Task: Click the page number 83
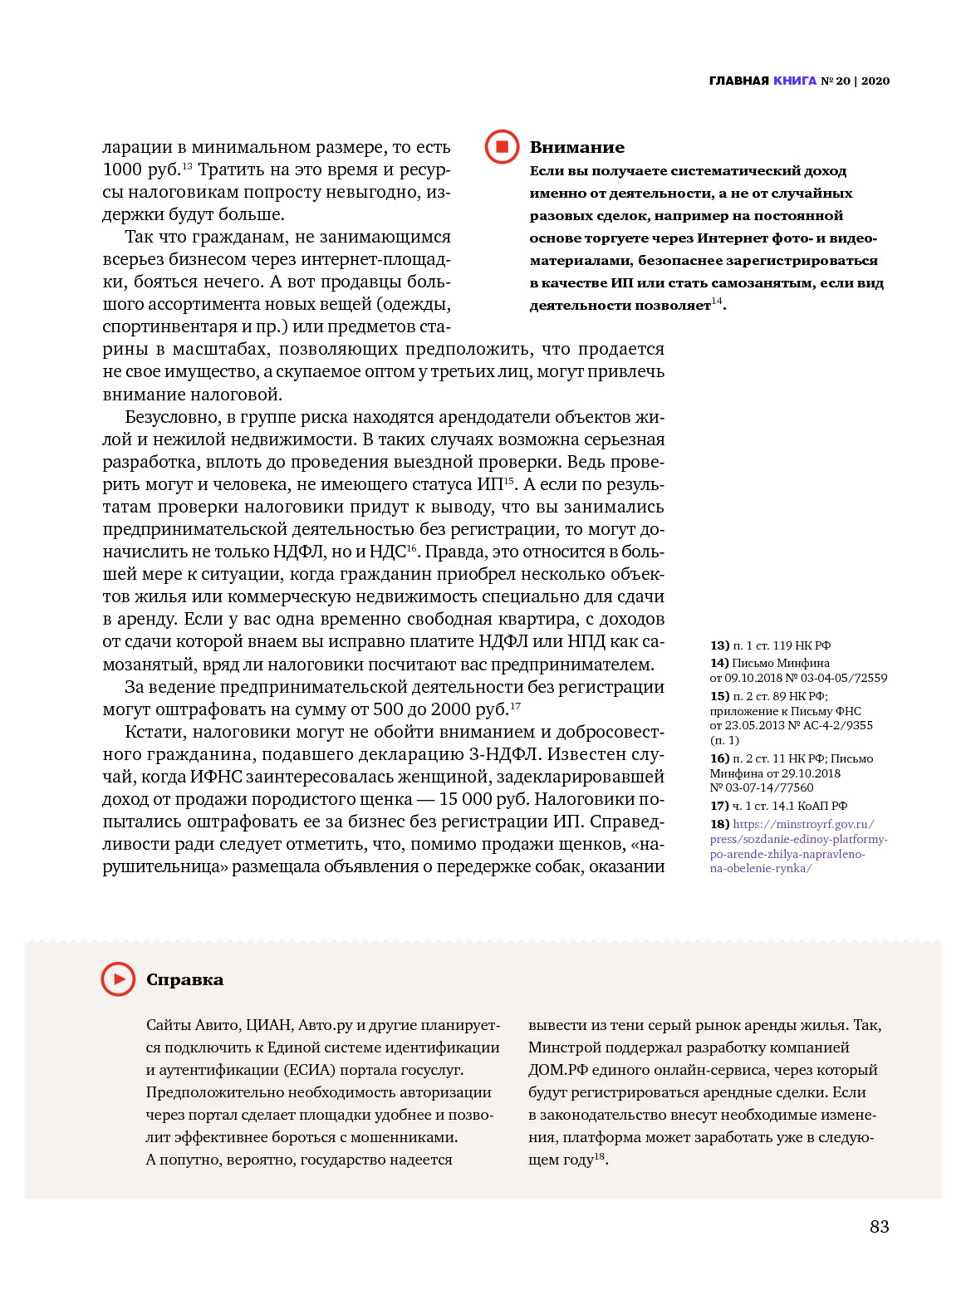[879, 1227]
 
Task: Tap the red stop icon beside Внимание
[502, 147]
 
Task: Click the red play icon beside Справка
[118, 979]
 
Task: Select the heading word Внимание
[576, 148]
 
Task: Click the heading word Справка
[184, 980]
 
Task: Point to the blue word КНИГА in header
[795, 81]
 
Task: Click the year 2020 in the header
[875, 81]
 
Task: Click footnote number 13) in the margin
[719, 645]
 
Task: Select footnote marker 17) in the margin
[719, 806]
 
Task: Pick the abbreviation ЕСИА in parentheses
[311, 1070]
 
